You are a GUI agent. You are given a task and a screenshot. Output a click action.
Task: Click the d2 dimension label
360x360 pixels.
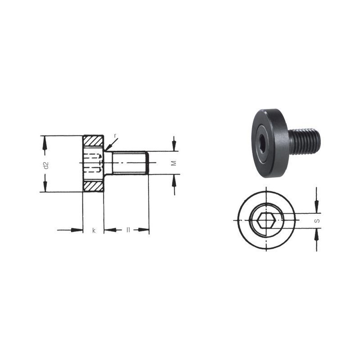pos(46,165)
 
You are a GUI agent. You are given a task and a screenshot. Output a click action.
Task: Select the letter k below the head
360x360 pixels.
pos(94,230)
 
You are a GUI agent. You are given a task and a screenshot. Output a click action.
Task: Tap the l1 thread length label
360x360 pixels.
pos(128,229)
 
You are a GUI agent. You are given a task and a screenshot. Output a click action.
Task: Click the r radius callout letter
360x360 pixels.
pos(115,136)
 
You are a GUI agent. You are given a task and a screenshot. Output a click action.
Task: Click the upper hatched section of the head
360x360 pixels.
pos(93,141)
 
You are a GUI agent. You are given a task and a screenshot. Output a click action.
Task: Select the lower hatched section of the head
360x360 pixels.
pos(93,186)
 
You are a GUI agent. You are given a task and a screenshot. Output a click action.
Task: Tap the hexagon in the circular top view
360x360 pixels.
pos(266,220)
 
